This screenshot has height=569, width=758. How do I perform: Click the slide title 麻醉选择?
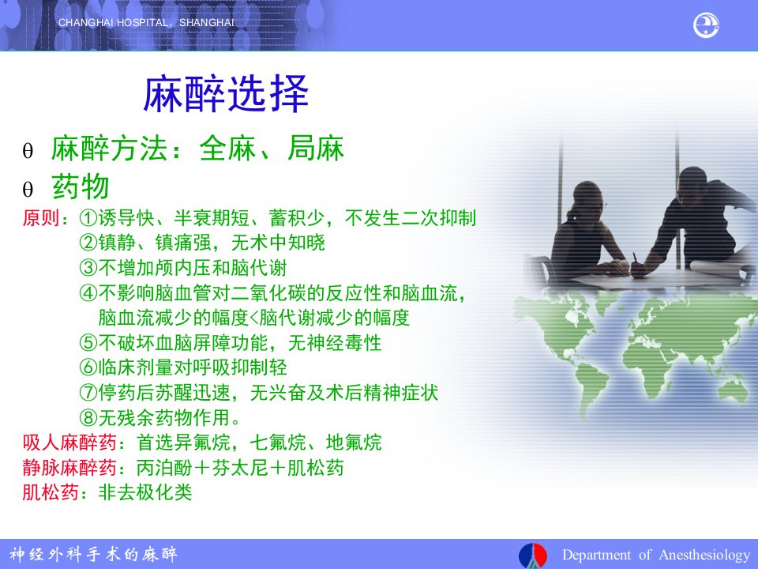226,94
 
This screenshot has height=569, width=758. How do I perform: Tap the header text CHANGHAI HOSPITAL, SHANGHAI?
146,23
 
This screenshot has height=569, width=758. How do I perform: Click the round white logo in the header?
706,25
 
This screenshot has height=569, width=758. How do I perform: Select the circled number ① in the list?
88,218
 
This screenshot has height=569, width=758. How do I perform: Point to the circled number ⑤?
88,342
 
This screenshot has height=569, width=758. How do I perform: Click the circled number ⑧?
88,417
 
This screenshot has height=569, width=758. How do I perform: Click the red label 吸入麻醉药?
69,443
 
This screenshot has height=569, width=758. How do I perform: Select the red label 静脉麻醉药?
69,467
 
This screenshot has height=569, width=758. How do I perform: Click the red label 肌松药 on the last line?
51,492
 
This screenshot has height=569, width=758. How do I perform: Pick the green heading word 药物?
81,187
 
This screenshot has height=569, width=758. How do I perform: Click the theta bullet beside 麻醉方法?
28,150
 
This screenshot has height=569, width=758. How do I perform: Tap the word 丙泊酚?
164,467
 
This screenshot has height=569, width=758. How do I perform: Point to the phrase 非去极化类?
145,492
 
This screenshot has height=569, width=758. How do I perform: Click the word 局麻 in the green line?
316,148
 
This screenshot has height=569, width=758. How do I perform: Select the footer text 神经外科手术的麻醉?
93,554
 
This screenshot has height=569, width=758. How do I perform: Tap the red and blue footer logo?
532,555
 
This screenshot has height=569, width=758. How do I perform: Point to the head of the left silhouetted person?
587,198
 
